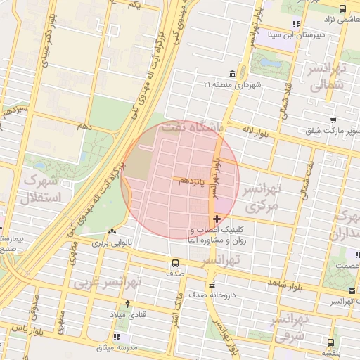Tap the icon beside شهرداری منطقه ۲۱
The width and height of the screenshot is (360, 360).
tap(233, 75)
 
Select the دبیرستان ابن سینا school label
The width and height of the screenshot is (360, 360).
tap(300, 33)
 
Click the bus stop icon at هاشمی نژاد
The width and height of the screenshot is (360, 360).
tap(342, 9)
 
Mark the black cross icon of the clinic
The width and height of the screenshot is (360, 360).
tap(217, 219)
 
